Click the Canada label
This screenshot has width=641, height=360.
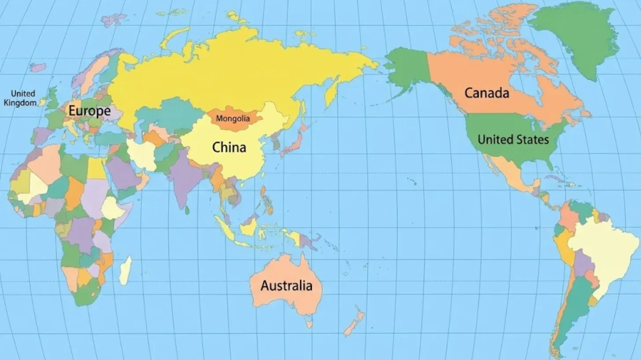tap(486, 93)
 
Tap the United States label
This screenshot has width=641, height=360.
tap(513, 140)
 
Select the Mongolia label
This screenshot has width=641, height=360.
tap(233, 118)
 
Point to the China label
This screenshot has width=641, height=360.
tap(229, 147)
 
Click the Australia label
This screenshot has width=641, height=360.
tap(286, 285)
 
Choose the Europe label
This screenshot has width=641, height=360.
tap(89, 111)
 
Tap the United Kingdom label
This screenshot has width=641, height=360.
tap(20, 98)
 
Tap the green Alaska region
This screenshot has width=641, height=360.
tap(407, 70)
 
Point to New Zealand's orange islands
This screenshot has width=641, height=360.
tap(354, 323)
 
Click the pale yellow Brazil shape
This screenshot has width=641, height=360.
tap(603, 251)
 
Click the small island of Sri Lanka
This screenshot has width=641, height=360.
tap(187, 210)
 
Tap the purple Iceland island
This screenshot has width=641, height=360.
tap(38, 67)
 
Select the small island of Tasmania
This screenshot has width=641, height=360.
tap(309, 324)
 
